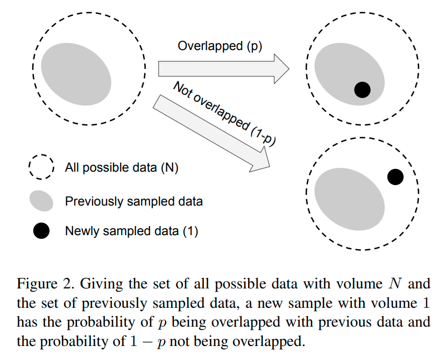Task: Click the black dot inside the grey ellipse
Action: click(363, 90)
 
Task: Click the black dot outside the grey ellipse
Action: click(395, 177)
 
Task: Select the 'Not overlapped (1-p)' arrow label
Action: click(223, 113)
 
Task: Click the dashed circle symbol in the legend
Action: click(41, 167)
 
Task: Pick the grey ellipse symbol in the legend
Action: click(41, 201)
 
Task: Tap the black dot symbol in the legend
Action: click(41, 231)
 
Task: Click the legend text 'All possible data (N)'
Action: click(121, 168)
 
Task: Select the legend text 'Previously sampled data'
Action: click(133, 201)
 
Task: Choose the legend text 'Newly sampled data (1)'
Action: click(131, 231)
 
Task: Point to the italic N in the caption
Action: click(394, 283)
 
